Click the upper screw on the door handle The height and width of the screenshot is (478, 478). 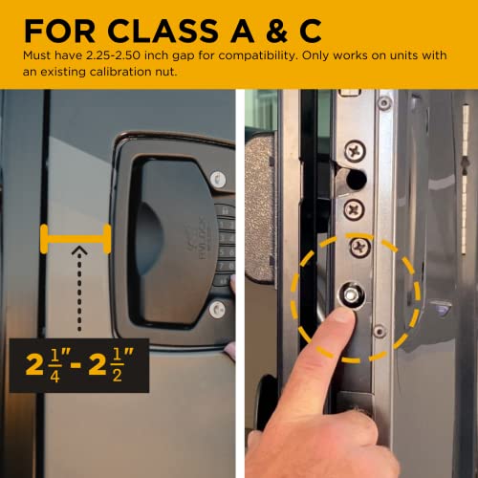[x=218, y=178]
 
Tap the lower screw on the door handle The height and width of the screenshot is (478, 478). [x=218, y=308]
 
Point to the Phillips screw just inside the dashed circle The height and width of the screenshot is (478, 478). [x=359, y=249]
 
